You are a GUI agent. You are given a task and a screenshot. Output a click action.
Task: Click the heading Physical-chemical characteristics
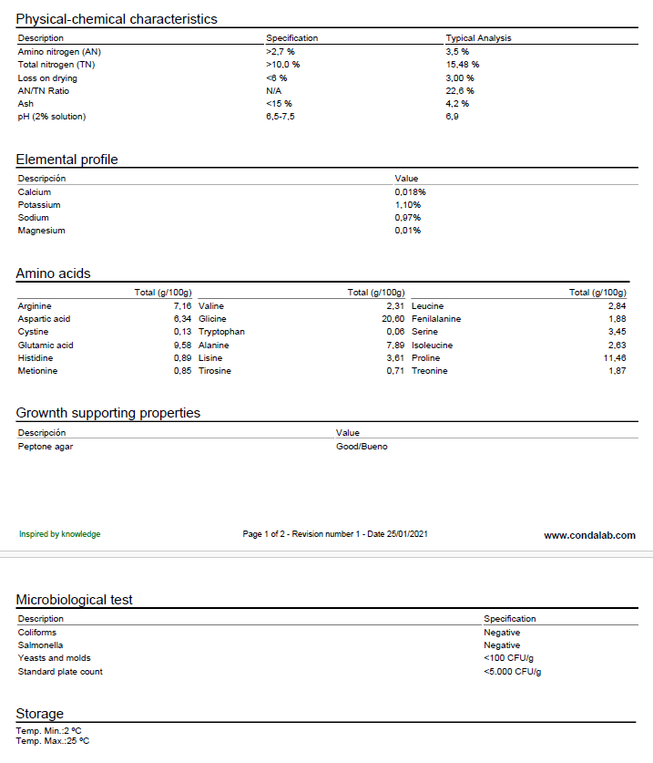click(x=117, y=19)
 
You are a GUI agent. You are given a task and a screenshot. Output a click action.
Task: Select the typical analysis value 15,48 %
click(x=462, y=65)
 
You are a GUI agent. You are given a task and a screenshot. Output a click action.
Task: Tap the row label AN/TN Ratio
click(x=44, y=90)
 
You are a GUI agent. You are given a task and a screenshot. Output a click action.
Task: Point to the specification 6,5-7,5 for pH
click(x=280, y=116)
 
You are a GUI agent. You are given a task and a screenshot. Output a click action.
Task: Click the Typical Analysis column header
click(x=478, y=38)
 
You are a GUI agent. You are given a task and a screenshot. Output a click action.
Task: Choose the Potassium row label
click(x=38, y=205)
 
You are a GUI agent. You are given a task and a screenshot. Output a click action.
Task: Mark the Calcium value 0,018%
click(x=410, y=192)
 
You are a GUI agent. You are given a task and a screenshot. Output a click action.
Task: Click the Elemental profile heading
click(x=67, y=160)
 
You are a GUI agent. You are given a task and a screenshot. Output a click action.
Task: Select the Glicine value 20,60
click(x=393, y=319)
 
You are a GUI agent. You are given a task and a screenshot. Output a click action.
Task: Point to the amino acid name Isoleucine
click(x=433, y=345)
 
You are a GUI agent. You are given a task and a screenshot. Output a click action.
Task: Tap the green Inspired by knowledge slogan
click(x=60, y=534)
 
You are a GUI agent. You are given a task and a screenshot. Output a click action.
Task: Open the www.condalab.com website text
click(x=589, y=535)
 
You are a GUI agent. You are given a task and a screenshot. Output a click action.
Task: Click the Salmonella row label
click(x=40, y=644)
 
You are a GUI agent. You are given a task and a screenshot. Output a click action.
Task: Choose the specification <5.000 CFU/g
click(x=512, y=672)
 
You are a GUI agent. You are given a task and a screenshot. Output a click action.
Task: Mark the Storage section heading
click(x=40, y=714)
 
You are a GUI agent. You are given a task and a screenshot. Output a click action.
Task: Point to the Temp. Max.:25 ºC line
click(x=53, y=741)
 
